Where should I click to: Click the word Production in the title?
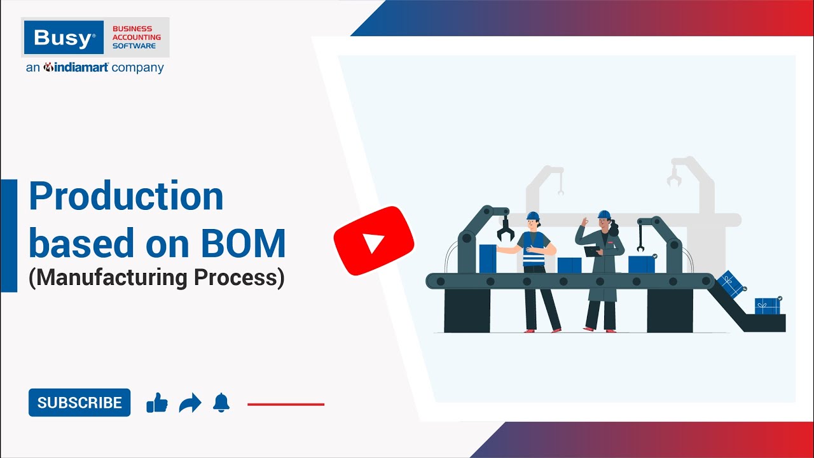[x=126, y=197]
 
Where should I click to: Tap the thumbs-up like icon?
[x=156, y=403]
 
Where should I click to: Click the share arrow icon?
[x=190, y=403]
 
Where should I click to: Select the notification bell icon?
[x=221, y=403]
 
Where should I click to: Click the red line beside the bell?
[x=286, y=404]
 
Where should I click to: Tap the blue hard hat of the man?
[x=533, y=216]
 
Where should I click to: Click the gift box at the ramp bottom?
[x=767, y=305]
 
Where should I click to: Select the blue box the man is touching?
[x=488, y=258]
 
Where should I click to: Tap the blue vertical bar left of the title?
[x=9, y=235]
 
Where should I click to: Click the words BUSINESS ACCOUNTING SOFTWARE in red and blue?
[x=136, y=38]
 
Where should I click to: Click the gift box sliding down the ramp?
[x=731, y=284]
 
